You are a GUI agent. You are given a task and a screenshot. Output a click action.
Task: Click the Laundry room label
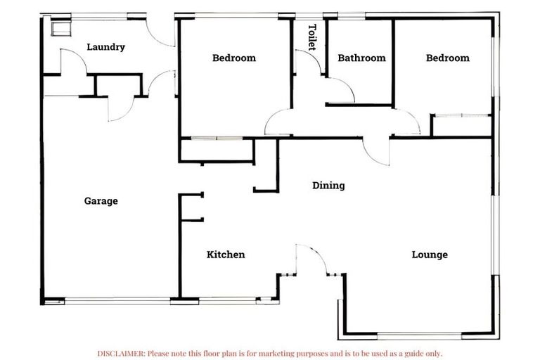pyautogui.click(x=105, y=47)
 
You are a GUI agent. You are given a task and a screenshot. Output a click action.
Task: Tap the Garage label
pyautogui.click(x=101, y=201)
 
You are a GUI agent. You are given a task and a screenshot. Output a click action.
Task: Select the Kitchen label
pyautogui.click(x=226, y=255)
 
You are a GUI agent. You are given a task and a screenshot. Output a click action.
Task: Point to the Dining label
pyautogui.click(x=328, y=186)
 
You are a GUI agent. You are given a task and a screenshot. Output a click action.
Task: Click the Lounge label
pyautogui.click(x=429, y=255)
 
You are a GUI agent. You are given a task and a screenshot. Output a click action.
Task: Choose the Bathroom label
pyautogui.click(x=361, y=58)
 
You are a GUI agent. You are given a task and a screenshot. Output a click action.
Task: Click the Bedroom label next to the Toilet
pyautogui.click(x=234, y=58)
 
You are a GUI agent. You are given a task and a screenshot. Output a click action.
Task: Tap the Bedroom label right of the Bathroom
pyautogui.click(x=447, y=58)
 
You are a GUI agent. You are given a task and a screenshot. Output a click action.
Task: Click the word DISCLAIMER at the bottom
pyautogui.click(x=121, y=353)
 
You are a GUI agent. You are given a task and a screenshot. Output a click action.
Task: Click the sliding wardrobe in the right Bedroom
pyautogui.click(x=461, y=124)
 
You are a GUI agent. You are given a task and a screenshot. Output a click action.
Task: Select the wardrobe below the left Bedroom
pyautogui.click(x=216, y=150)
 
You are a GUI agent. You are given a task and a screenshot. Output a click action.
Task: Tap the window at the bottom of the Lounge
pyautogui.click(x=420, y=333)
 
